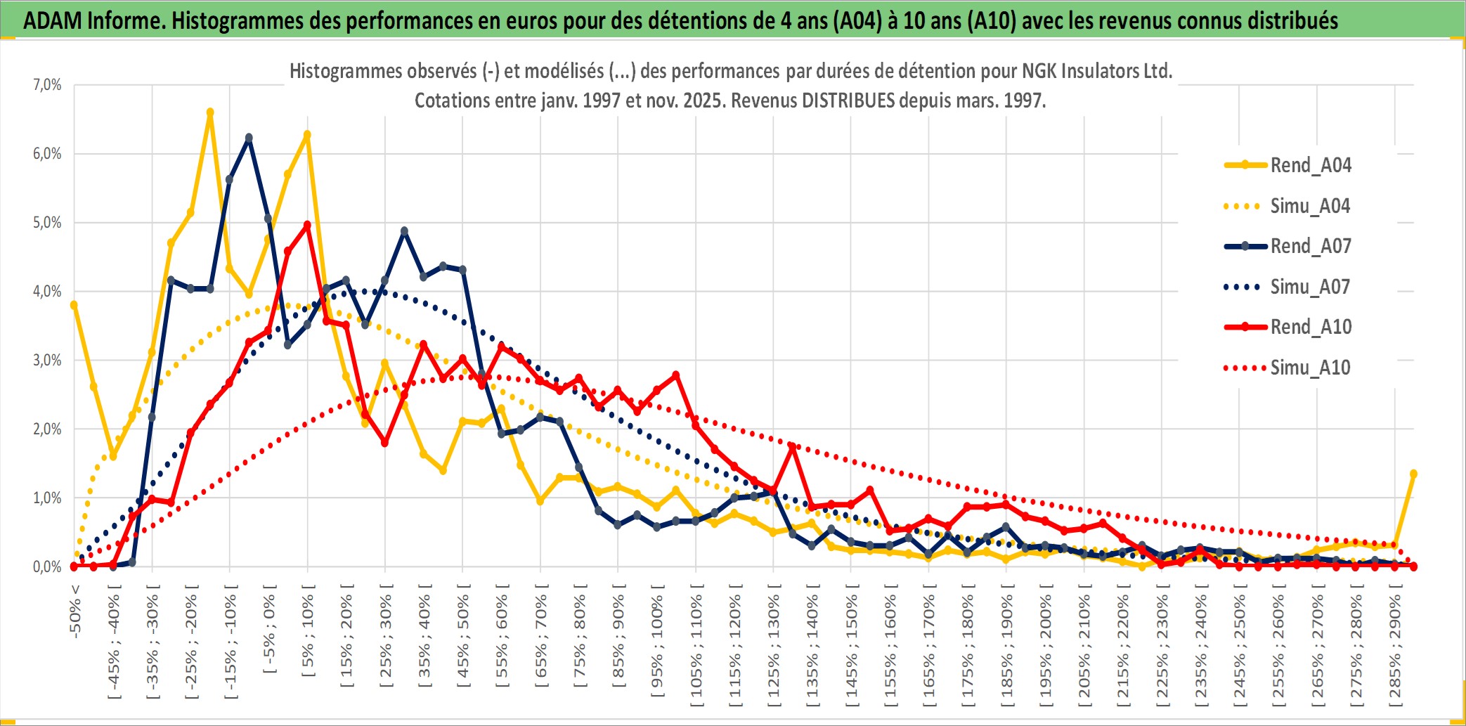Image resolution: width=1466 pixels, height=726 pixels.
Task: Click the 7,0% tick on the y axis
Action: pos(48,85)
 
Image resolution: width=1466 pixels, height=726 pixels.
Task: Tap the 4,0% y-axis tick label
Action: pos(48,292)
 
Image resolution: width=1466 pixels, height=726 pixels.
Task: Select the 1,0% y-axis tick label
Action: pos(48,498)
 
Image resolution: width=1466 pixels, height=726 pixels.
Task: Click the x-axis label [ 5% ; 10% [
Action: pos(308,636)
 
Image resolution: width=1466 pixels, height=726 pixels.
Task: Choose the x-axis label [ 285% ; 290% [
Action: pos(1395,650)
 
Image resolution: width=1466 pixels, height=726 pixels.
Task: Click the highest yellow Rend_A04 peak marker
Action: pos(210,112)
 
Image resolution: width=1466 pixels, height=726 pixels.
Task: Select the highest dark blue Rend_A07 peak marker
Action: pos(249,138)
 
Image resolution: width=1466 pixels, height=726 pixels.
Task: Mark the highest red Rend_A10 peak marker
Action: pos(307,225)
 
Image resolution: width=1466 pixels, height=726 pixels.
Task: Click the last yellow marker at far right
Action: pos(1413,474)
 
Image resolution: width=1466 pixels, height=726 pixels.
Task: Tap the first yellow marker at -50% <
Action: pos(74,305)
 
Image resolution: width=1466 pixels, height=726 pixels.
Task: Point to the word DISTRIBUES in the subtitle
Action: pos(849,101)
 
